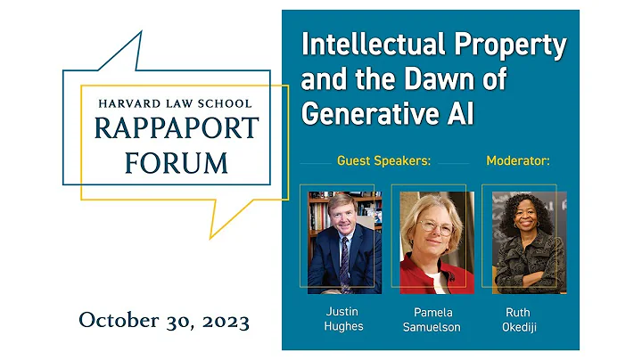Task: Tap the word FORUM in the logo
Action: pos(176,163)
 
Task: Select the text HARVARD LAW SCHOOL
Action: pos(175,104)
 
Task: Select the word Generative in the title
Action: pos(368,114)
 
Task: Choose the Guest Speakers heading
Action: pos(383,161)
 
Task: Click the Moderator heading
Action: pos(517,161)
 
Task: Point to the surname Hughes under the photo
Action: pos(344,327)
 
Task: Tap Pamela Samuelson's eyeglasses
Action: pos(436,228)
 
